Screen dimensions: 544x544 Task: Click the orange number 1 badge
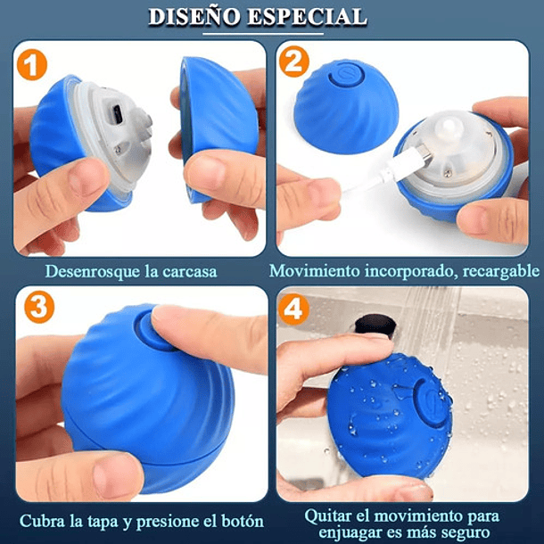tap(33, 65)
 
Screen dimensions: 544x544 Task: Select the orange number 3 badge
tap(35, 307)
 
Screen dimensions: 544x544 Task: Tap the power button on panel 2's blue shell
tap(343, 78)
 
